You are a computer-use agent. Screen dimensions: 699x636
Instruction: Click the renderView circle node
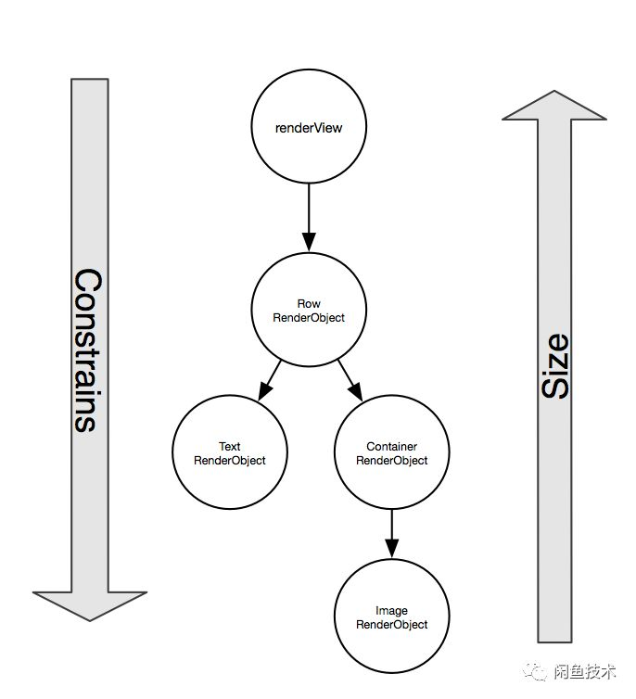click(309, 128)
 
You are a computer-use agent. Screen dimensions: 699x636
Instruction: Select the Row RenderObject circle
click(309, 311)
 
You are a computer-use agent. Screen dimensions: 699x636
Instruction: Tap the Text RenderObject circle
click(229, 452)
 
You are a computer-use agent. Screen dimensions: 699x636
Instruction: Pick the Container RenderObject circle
click(391, 452)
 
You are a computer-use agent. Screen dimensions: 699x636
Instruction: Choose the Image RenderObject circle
click(391, 616)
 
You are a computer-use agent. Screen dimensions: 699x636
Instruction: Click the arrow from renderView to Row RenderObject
click(309, 219)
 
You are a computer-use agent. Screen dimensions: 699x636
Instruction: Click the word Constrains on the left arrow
click(86, 350)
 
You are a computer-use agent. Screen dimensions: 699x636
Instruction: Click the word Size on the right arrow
click(554, 367)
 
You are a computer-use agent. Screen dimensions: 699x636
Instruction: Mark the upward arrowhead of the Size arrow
click(554, 104)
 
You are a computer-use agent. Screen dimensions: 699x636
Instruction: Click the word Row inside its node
click(309, 304)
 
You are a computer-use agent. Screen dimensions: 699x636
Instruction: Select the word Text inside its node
click(229, 446)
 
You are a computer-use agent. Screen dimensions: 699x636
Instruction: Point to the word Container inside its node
click(391, 446)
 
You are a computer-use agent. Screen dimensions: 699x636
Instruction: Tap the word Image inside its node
click(391, 611)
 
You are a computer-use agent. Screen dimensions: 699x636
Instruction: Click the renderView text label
click(309, 128)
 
